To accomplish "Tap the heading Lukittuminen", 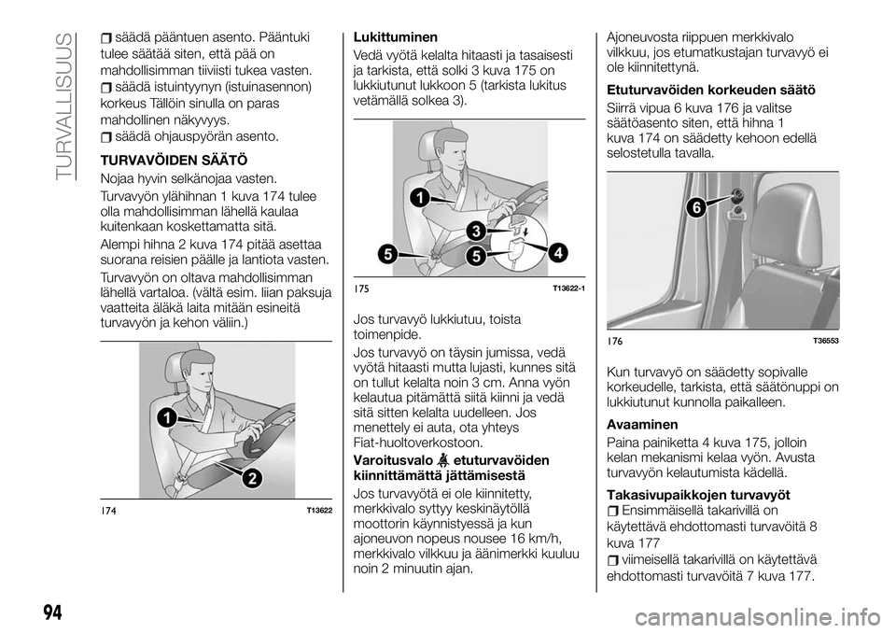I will [396, 37].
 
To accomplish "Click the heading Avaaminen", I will [643, 422].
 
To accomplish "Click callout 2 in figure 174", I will [252, 477].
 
